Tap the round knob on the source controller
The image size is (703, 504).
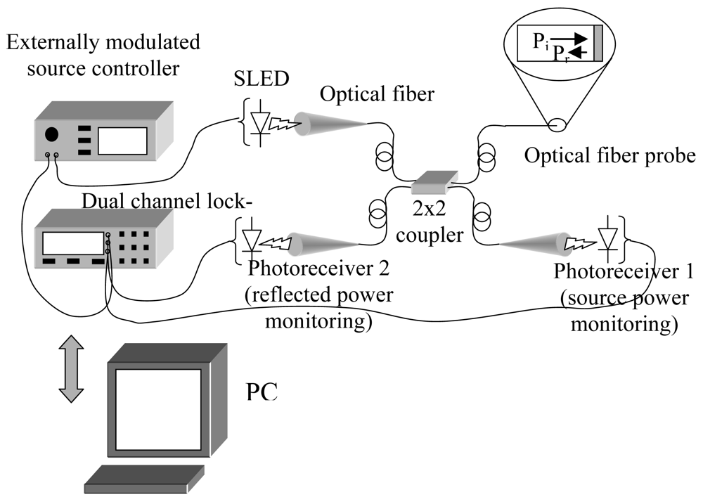53,134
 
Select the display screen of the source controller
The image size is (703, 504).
122,141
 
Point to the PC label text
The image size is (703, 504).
262,392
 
